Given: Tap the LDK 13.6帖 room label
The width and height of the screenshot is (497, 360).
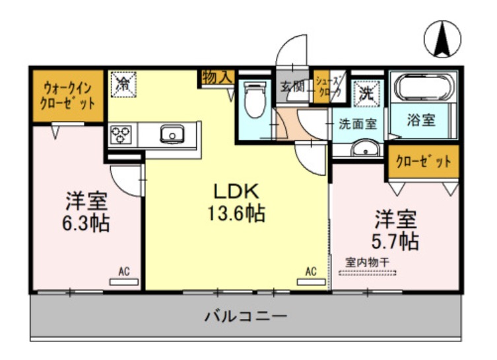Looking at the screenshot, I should pyautogui.click(x=238, y=202).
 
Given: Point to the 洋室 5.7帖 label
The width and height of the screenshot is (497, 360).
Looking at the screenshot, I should pyautogui.click(x=397, y=229).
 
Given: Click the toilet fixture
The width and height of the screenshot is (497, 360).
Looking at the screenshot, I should pyautogui.click(x=254, y=100).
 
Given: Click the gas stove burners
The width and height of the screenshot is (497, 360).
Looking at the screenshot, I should pyautogui.click(x=121, y=135).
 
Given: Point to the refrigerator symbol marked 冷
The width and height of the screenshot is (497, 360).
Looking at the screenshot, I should pyautogui.click(x=123, y=84).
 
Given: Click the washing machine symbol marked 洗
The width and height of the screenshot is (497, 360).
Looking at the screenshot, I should pyautogui.click(x=365, y=93).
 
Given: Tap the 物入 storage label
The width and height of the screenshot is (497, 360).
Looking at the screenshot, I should pyautogui.click(x=217, y=77).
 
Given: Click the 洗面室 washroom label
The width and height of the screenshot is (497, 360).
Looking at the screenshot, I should pyautogui.click(x=357, y=124).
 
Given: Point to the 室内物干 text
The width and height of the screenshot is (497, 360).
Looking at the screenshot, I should pyautogui.click(x=367, y=262).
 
